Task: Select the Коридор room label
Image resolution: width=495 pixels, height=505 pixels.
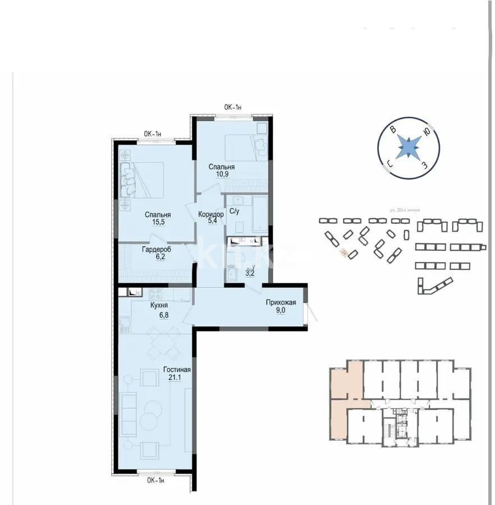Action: [211, 214]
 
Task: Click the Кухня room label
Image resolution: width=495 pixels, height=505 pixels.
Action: [161, 305]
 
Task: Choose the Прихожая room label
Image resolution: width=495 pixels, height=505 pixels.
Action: [281, 302]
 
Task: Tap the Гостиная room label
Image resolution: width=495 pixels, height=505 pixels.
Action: [177, 370]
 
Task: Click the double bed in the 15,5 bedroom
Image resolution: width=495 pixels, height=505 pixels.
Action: [143, 180]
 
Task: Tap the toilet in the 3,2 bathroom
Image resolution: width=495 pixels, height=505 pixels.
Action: [232, 274]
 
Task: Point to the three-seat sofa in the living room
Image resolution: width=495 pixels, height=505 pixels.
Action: [129, 415]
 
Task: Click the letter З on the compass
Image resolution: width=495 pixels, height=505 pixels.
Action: [425, 164]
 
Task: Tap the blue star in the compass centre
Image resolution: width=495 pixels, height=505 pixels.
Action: [409, 148]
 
